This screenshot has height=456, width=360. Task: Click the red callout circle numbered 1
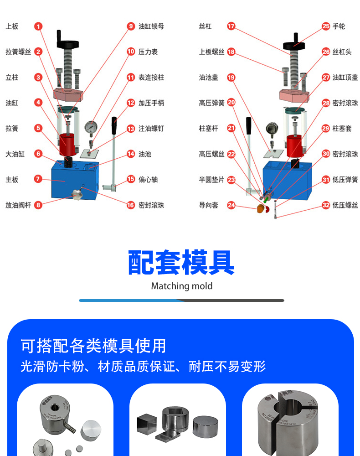(x=38, y=26)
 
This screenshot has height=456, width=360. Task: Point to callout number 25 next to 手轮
(x=326, y=26)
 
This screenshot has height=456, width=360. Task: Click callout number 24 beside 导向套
(x=231, y=205)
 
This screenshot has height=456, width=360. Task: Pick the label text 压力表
(x=148, y=52)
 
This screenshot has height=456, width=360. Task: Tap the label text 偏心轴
(x=148, y=180)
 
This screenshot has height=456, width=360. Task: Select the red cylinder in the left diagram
(x=68, y=141)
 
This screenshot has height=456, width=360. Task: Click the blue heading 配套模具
(x=181, y=263)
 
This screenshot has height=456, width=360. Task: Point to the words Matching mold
(x=181, y=286)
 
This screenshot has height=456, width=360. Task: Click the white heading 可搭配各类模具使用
(x=93, y=346)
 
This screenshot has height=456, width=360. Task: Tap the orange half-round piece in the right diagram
(x=261, y=209)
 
